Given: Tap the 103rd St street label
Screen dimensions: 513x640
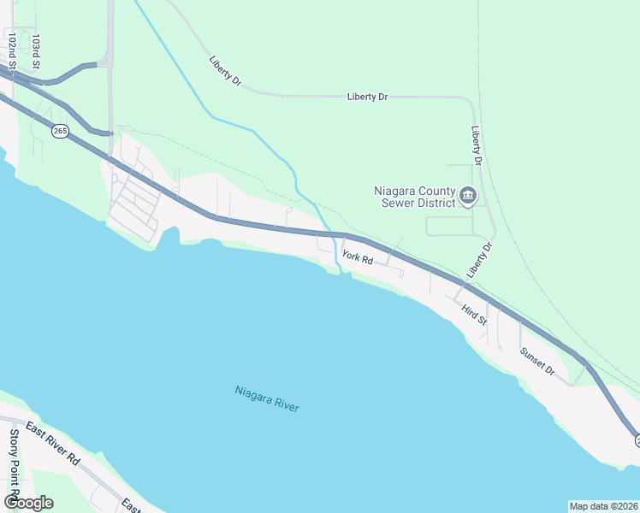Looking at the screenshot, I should pyautogui.click(x=36, y=50).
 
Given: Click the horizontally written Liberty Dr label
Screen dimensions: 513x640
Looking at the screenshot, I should pyautogui.click(x=368, y=97).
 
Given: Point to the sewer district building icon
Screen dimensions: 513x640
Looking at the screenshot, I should pyautogui.click(x=468, y=196).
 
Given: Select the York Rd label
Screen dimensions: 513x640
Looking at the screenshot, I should pyautogui.click(x=357, y=256).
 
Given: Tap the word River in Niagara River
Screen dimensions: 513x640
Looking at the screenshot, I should pyautogui.click(x=286, y=405).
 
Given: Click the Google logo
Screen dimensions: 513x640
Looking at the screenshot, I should pyautogui.click(x=28, y=502).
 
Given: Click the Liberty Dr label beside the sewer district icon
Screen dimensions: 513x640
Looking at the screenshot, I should pyautogui.click(x=477, y=146).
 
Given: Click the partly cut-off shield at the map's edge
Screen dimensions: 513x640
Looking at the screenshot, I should pyautogui.click(x=637, y=441).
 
